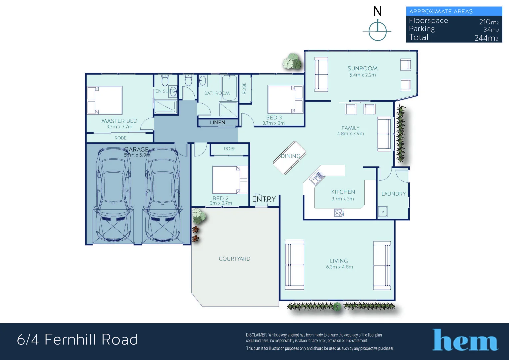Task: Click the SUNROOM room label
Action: point(362,68)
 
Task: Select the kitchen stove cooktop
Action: point(339,213)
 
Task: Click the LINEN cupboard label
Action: point(217,123)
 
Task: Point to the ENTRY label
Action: point(264,199)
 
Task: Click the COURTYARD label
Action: point(234,259)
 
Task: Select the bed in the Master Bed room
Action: point(105,100)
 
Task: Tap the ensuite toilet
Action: point(165,80)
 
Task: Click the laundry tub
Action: point(383,212)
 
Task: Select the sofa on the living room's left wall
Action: point(294,265)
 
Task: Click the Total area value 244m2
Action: point(486,38)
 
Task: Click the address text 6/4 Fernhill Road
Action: point(77,340)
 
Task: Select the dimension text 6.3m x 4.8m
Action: point(339,267)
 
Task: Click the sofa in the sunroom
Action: point(321,74)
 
